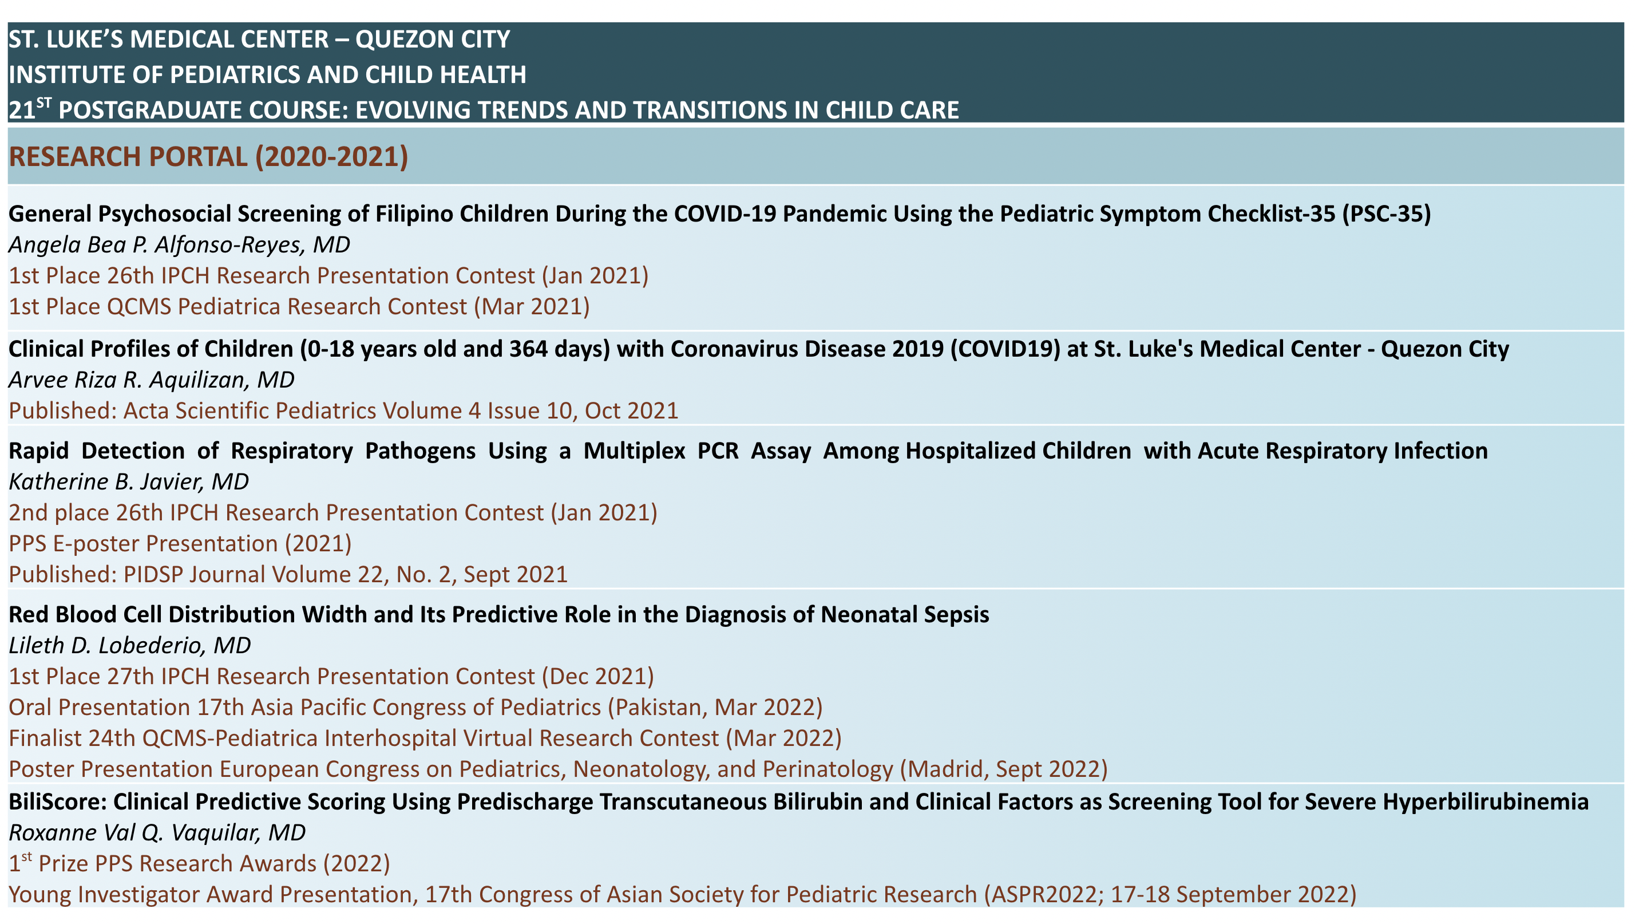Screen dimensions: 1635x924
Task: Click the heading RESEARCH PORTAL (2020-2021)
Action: tap(208, 157)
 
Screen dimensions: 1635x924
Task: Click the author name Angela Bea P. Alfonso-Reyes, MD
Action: tap(179, 244)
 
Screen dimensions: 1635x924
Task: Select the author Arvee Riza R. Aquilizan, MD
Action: tap(151, 380)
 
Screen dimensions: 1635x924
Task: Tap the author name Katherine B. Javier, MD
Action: tap(128, 481)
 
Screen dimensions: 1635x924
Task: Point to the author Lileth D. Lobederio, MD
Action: tap(129, 645)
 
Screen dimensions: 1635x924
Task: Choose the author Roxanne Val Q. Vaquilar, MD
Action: tap(157, 832)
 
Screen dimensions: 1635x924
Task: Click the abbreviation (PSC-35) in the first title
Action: tap(1386, 214)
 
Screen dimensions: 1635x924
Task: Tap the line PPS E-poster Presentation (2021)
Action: tap(180, 544)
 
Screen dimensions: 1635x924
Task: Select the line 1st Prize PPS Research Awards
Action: tap(199, 864)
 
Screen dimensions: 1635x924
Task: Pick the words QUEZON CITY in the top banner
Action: tap(433, 40)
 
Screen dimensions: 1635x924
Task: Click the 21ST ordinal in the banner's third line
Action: tap(30, 109)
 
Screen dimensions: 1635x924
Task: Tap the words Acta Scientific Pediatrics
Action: tap(292, 411)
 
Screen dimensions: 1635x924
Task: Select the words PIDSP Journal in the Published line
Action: tap(194, 575)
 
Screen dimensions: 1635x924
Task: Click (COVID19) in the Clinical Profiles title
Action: tap(1005, 349)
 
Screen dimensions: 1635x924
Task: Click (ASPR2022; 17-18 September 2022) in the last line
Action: tap(1170, 895)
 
